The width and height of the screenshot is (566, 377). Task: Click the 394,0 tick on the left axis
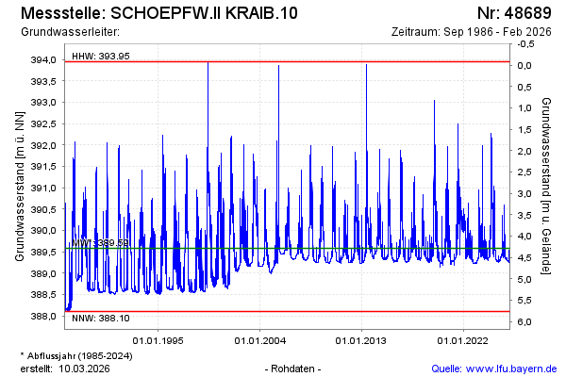pos(44,59)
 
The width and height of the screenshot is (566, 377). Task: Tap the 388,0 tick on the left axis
pos(44,317)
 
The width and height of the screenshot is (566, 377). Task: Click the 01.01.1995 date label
pos(158,340)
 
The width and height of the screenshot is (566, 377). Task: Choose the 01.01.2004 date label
pos(259,340)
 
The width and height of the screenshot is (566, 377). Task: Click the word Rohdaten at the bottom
pos(293,368)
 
